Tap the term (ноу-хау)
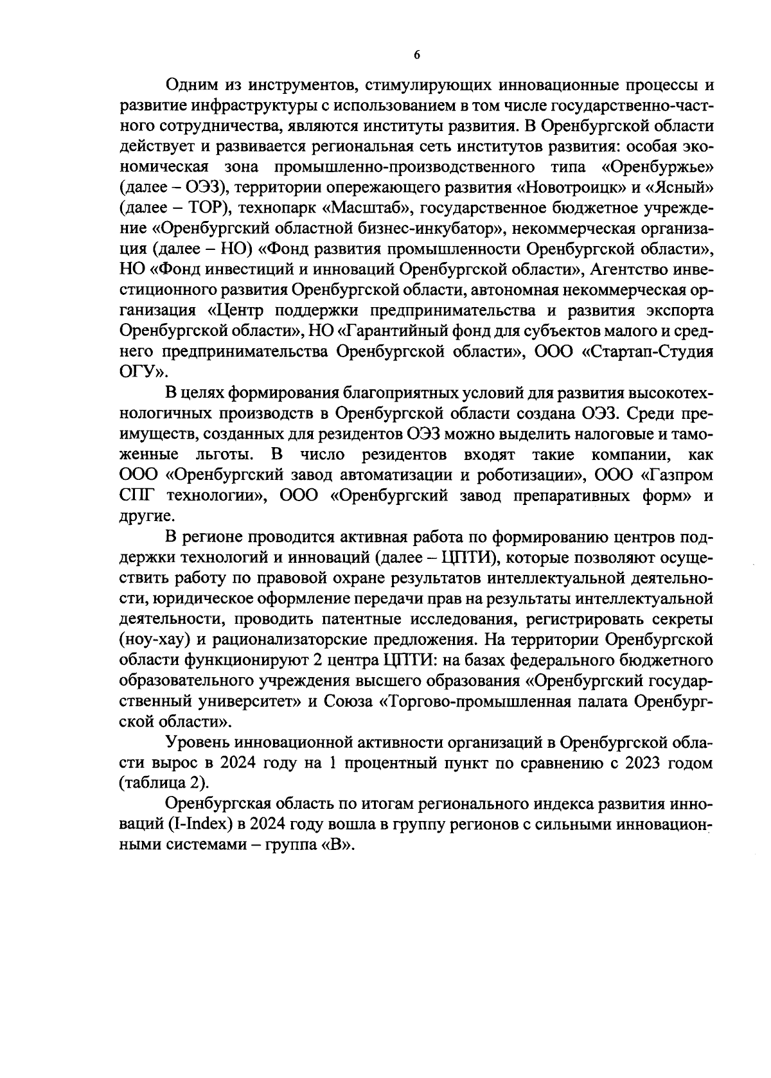[154, 641]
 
